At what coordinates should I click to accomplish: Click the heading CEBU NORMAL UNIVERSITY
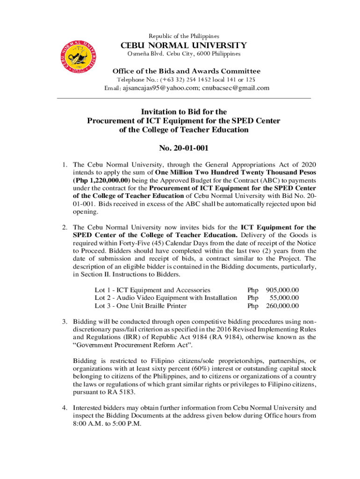tap(184, 45)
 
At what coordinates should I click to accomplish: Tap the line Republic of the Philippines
tap(184, 36)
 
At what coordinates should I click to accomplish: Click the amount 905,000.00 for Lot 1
tap(282, 290)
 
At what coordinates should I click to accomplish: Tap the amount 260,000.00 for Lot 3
tap(282, 306)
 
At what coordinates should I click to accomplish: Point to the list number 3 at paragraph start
tap(67, 322)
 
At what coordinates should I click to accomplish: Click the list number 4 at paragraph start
tap(67, 407)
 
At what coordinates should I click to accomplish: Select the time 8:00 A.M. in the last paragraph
tap(88, 423)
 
